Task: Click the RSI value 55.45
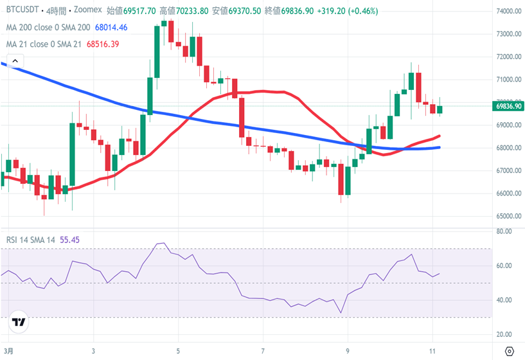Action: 69,240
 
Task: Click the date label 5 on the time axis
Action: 179,352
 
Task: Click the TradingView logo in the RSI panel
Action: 19,322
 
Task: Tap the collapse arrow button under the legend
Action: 12,61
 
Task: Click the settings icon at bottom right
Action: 510,352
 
